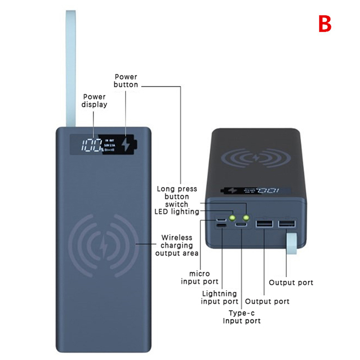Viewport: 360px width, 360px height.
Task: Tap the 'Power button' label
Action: point(126,81)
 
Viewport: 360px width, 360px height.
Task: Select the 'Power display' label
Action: point(94,100)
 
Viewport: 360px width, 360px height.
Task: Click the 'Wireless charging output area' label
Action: point(177,245)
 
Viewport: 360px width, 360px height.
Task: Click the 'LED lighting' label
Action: point(176,211)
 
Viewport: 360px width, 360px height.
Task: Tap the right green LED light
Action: point(246,217)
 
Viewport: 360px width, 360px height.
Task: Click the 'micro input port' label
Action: point(199,278)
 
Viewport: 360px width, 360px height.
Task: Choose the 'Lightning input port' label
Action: point(220,297)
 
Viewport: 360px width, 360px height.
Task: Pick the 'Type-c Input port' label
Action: point(242,316)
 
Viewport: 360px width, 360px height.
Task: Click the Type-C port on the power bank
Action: point(243,225)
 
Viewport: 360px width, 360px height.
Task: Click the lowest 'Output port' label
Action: point(267,301)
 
